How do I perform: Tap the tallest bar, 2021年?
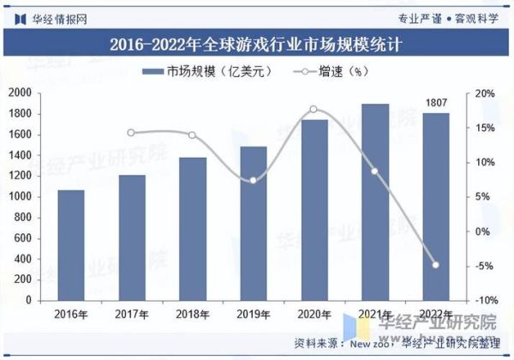374,202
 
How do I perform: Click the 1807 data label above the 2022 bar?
436,104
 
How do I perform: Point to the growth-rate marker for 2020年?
314,110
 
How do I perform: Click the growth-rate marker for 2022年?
435,265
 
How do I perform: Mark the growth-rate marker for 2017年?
131,133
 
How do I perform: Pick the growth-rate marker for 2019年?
253,180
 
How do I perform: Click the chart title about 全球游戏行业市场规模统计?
256,43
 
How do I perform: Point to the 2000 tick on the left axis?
21,93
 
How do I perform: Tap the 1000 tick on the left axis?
21,197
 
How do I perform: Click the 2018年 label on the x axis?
192,315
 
